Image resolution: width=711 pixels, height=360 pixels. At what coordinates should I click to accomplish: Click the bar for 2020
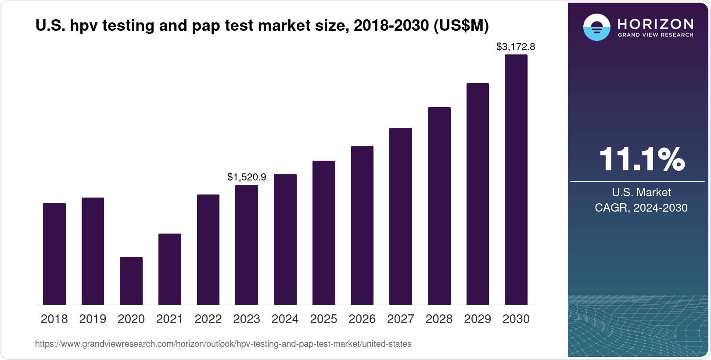pos(131,281)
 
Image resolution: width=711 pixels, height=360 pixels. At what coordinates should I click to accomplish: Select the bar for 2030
pos(516,180)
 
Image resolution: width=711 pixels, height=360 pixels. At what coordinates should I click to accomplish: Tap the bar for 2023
pos(247,245)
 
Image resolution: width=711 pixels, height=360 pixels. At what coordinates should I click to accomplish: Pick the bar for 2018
pos(54,254)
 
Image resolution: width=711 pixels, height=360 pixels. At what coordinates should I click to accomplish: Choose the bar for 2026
pos(362,225)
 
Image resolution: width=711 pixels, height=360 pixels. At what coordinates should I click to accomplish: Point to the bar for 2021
pos(170,269)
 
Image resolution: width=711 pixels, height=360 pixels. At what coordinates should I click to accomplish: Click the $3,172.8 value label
pos(515,47)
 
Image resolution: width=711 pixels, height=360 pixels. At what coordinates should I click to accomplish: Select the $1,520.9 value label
pos(247,177)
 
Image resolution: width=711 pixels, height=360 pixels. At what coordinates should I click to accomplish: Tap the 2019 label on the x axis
pos(93,319)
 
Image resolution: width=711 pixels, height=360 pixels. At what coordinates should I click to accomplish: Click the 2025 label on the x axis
pos(323,319)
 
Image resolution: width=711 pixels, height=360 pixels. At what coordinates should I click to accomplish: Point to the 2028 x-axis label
pos(439,319)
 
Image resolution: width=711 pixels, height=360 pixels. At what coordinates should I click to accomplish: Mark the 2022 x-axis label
pos(208,319)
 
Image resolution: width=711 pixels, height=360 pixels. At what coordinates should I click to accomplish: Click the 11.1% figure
pos(641,159)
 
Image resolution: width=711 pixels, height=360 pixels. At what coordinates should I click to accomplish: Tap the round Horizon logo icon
pos(596,27)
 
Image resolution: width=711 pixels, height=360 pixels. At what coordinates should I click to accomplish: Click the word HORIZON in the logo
pos(655,24)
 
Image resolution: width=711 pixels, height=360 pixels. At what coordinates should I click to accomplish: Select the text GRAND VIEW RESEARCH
pos(655,35)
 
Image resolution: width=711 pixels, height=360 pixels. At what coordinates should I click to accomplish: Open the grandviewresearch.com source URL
pos(223,344)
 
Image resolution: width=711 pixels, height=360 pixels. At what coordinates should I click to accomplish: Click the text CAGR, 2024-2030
pos(641,208)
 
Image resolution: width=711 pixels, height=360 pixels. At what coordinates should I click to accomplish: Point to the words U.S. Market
pos(641,192)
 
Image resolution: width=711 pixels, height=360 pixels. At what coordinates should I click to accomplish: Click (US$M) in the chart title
pos(461,25)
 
